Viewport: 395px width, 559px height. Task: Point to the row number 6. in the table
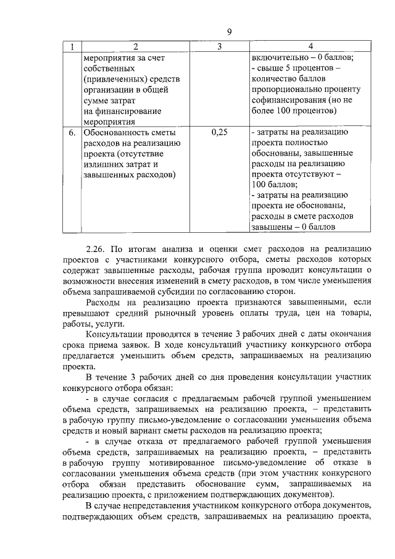tap(72, 132)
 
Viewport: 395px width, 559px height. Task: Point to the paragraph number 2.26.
tap(96, 249)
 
